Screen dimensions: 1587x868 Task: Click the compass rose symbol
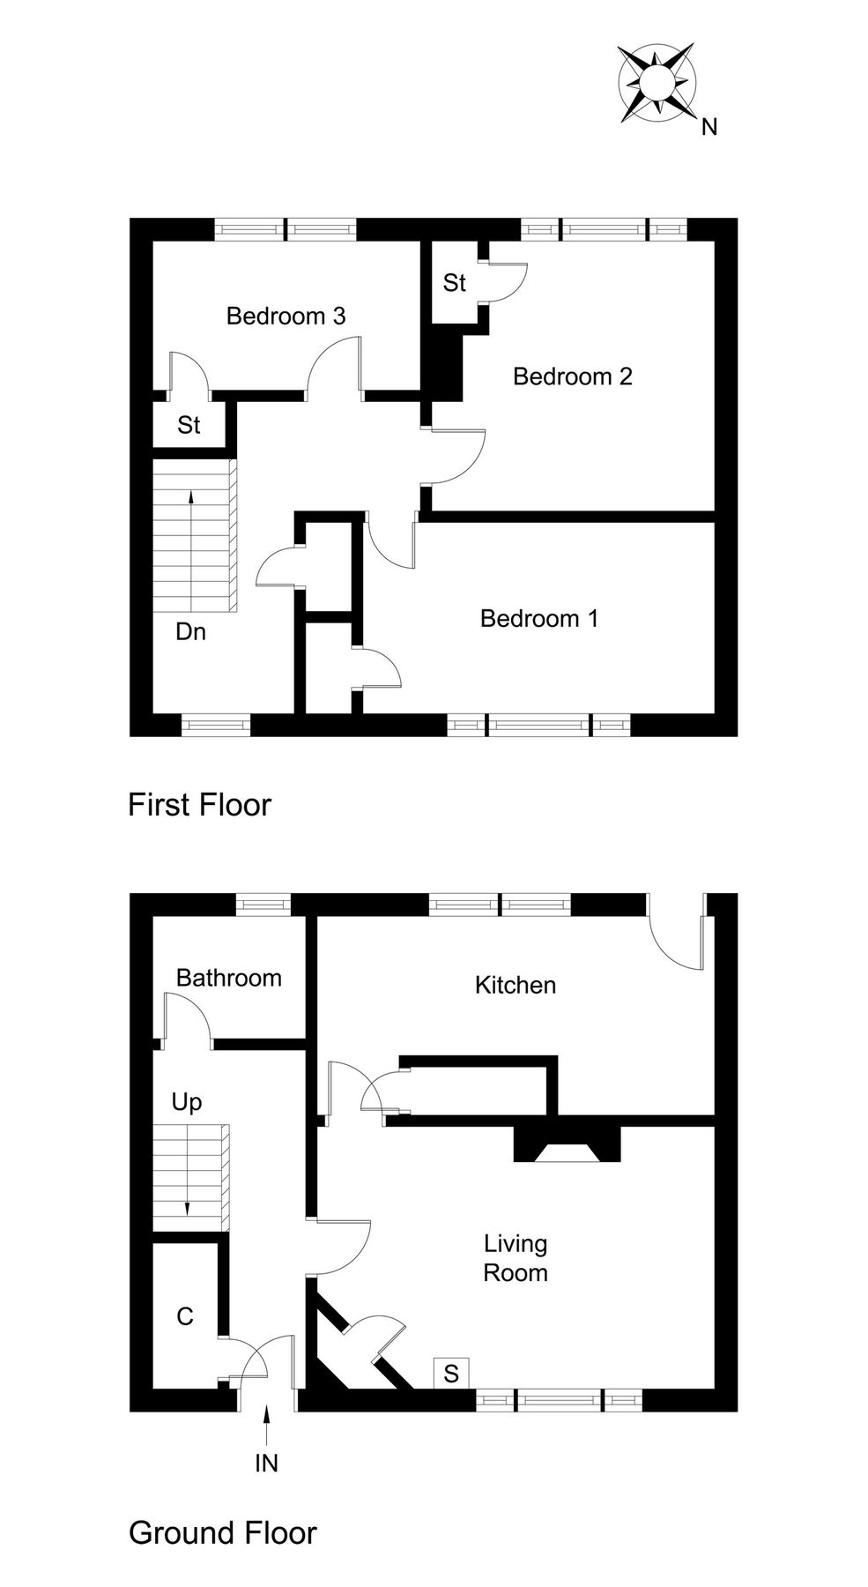[x=657, y=85]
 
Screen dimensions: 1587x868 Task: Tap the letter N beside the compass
[x=709, y=128]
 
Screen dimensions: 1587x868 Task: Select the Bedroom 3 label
[x=286, y=316]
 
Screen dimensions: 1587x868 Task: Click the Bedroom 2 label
[x=573, y=376]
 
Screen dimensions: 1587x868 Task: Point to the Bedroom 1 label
[x=539, y=618]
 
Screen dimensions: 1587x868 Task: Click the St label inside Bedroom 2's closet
[x=455, y=283]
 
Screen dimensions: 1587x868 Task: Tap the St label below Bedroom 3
[x=189, y=425]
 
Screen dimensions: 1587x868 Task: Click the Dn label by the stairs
[x=190, y=631]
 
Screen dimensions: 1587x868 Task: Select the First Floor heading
[x=200, y=804]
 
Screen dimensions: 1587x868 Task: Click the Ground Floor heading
[x=222, y=1532]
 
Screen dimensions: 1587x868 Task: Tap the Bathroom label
[x=228, y=977]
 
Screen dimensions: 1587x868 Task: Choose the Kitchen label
[x=516, y=985]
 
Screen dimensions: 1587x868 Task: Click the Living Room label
[x=516, y=1258]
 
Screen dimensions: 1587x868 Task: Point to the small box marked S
[x=451, y=1374]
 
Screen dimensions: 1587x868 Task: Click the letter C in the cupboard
[x=185, y=1316]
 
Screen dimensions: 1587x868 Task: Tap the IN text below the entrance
[x=266, y=1464]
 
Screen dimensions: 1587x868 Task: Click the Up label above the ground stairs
[x=187, y=1102]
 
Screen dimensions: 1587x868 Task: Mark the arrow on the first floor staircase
[x=191, y=547]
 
